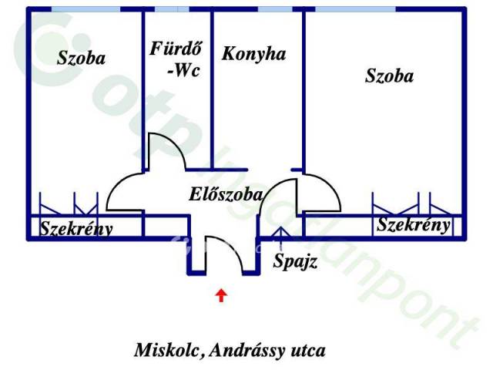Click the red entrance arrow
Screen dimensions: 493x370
point(222,295)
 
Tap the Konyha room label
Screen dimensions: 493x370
point(253,54)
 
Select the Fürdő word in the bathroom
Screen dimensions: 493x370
point(176,49)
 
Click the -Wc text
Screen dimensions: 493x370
point(184,70)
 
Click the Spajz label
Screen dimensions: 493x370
point(294,261)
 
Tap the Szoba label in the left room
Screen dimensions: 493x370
point(81,59)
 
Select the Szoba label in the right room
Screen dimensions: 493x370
point(389,76)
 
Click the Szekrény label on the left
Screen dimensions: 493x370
point(76,229)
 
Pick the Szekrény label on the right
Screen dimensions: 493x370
point(413,225)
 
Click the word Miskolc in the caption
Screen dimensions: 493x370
point(167,350)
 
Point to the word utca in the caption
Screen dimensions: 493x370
point(308,351)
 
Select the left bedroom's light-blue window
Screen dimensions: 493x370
point(86,9)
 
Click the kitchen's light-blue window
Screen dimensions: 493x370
point(275,9)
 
